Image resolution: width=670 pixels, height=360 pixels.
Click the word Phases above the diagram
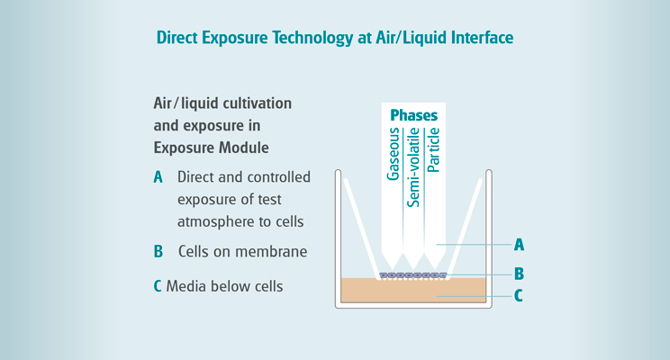pyautogui.click(x=413, y=116)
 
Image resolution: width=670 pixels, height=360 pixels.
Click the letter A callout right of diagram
pyautogui.click(x=519, y=244)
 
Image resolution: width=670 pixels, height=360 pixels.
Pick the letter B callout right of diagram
pyautogui.click(x=519, y=273)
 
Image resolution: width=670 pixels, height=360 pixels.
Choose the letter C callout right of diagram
pyautogui.click(x=519, y=295)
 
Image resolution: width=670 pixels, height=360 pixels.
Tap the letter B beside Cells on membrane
pyautogui.click(x=158, y=251)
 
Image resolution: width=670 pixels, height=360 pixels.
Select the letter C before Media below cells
pyautogui.click(x=158, y=287)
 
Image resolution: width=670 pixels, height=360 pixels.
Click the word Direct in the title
pyautogui.click(x=178, y=38)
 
